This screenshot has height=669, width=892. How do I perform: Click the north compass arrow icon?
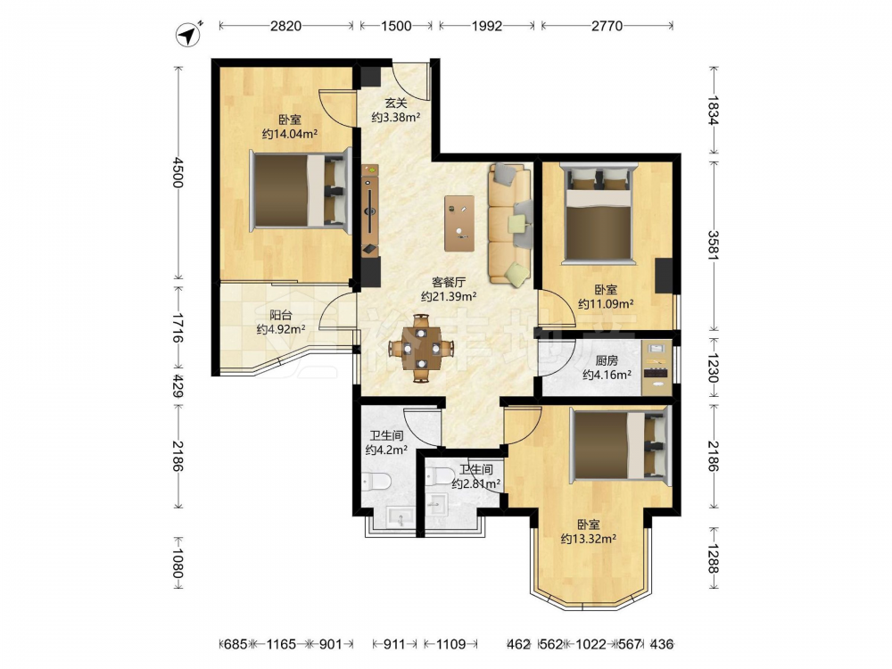[x=189, y=34]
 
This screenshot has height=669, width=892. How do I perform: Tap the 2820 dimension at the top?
[x=285, y=26]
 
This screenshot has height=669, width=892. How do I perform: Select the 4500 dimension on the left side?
[x=178, y=173]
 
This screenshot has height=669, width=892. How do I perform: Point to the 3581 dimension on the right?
[x=714, y=244]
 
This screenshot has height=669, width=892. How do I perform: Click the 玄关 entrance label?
[x=396, y=103]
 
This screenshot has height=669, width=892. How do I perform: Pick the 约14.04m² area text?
[x=290, y=135]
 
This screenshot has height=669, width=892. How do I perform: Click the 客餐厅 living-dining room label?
[x=449, y=282]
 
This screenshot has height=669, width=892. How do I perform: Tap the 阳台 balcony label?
[x=280, y=315]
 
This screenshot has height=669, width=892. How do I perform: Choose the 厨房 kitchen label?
[x=607, y=360]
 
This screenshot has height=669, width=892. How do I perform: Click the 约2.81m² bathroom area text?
[x=476, y=484]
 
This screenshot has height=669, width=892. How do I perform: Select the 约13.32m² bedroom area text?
[x=588, y=539]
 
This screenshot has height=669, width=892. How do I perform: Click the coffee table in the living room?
[x=459, y=223]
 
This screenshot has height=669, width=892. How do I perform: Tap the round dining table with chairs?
[x=421, y=348]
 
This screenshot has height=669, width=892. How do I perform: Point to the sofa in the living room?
[x=509, y=226]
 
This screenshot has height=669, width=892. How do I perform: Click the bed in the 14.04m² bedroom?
[x=300, y=191]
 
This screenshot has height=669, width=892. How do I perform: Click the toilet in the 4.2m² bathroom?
[x=376, y=482]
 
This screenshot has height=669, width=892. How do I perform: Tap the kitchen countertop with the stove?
[x=657, y=368]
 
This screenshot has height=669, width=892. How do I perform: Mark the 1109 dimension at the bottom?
[x=450, y=644]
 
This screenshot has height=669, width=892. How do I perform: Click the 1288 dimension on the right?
[x=714, y=557]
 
